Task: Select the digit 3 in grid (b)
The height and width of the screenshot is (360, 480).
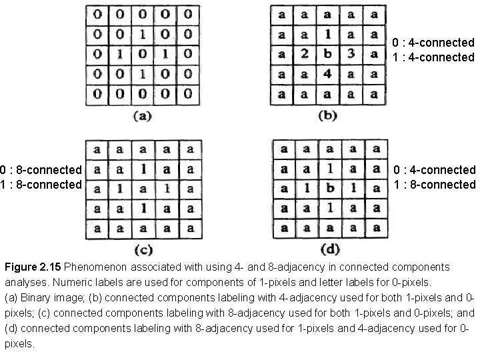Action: point(350,53)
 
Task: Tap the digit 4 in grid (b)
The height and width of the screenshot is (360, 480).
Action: point(327,73)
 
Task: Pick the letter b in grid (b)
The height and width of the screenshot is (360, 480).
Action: point(327,53)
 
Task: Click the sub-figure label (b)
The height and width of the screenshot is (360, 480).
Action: point(327,115)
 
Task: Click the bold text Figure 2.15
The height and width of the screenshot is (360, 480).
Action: point(33,267)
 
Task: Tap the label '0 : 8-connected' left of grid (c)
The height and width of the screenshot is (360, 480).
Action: point(41,170)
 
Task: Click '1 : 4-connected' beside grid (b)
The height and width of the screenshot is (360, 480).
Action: point(434,57)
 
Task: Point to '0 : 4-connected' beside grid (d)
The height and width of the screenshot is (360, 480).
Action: point(434,170)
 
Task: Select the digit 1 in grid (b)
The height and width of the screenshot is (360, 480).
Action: point(327,33)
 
